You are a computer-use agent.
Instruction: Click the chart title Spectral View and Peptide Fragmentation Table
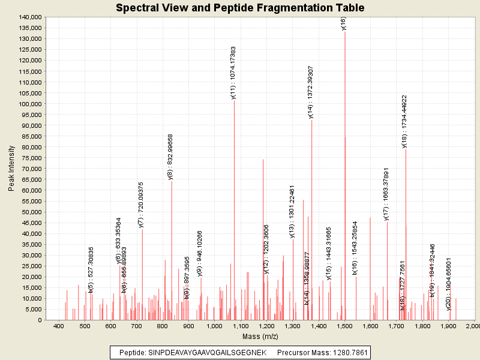(x=240, y=8)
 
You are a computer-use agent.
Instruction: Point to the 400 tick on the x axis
(x=59, y=326)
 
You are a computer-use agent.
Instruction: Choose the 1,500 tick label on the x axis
(x=344, y=326)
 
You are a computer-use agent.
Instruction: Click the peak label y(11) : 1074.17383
(x=233, y=72)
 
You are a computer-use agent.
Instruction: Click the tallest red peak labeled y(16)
(x=344, y=120)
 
